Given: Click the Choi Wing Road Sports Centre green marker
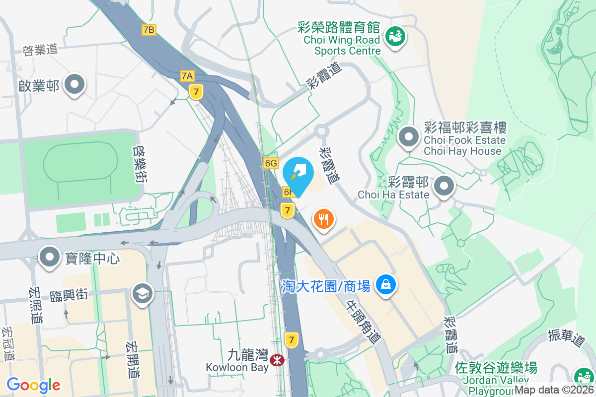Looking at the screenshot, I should (x=395, y=37).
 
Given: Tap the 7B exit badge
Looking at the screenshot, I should (x=149, y=30).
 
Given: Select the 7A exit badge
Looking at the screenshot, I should (x=187, y=76).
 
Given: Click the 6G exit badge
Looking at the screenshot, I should (x=271, y=163).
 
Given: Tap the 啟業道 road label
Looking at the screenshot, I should (x=40, y=50).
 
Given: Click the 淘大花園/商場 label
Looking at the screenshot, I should (x=326, y=286).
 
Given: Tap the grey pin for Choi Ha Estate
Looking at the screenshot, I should (x=444, y=187).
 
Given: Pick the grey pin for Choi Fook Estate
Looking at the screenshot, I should (x=409, y=137).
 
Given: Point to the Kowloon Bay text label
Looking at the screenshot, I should (x=237, y=368).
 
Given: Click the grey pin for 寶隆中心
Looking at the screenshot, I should (x=50, y=258).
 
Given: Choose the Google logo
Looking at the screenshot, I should (x=33, y=385).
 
